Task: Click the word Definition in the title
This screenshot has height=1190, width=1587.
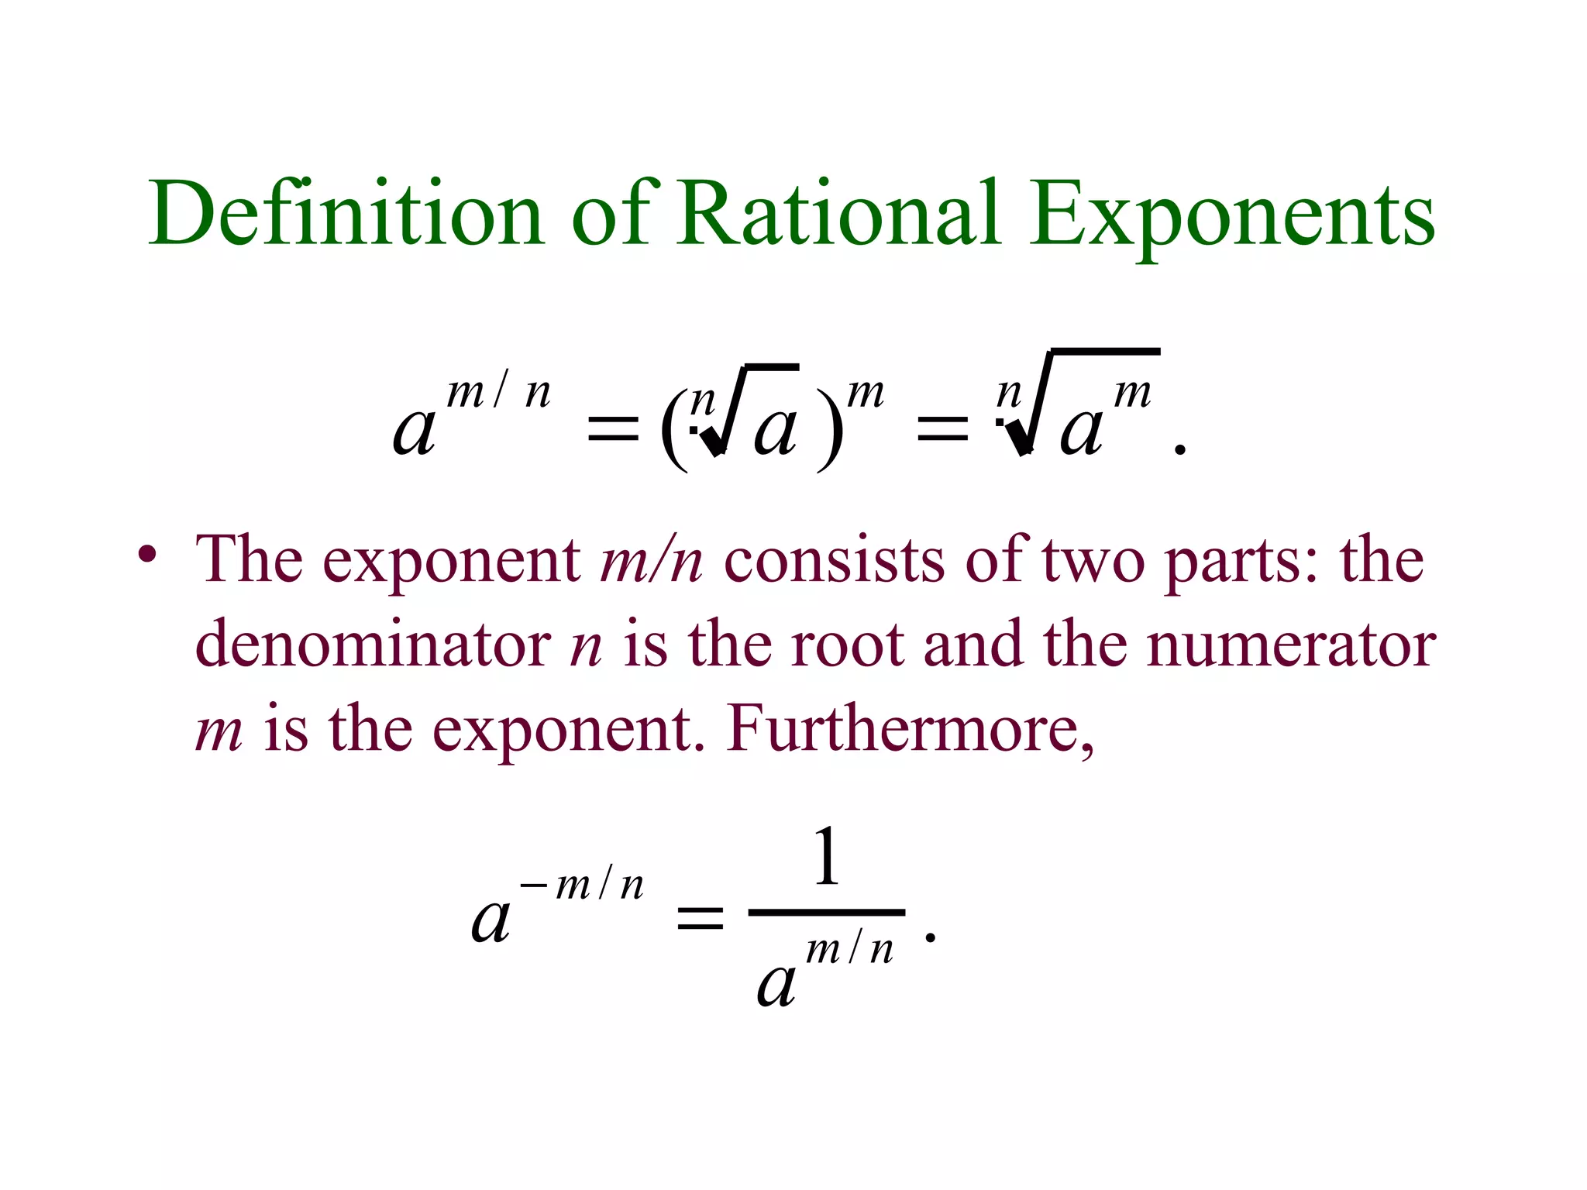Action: pos(346,213)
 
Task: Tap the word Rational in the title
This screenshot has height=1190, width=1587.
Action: pos(838,213)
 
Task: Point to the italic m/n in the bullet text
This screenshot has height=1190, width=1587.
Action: pos(651,559)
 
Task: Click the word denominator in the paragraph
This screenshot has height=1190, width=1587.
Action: pos(373,645)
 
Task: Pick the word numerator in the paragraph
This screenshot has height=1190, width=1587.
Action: pos(1290,645)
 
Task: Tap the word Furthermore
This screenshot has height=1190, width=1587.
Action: pos(911,730)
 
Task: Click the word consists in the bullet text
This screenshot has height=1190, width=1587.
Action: pos(834,559)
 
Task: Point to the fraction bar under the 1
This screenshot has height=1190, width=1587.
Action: pos(826,913)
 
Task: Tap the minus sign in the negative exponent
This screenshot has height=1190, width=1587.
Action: pos(534,884)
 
